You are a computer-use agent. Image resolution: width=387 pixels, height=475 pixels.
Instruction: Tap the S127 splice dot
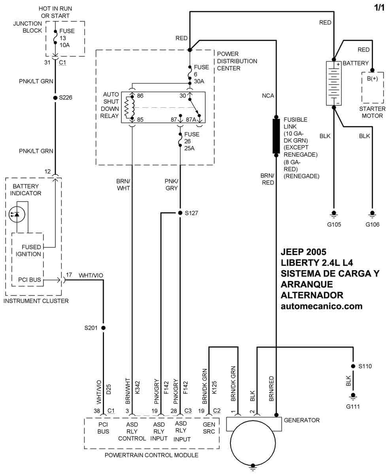tap(180, 213)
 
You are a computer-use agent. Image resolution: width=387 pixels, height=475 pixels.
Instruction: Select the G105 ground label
tap(334, 225)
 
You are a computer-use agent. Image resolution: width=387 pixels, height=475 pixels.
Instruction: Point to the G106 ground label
tap(372, 225)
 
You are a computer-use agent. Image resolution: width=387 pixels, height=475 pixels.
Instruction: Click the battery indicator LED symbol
tap(17, 214)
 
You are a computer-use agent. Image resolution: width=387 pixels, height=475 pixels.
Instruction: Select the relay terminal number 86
tap(140, 96)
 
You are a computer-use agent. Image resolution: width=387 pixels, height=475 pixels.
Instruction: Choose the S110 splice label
tap(365, 366)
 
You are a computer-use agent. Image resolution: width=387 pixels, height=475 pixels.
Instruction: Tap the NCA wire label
tap(268, 96)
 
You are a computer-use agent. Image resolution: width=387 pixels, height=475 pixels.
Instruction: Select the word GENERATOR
tap(302, 420)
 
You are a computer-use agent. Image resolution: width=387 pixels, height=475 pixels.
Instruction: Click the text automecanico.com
tap(321, 306)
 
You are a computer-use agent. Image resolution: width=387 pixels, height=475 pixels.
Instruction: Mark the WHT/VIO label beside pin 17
tap(91, 275)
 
